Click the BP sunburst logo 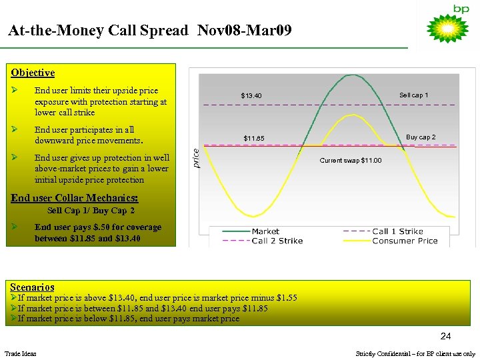pos(447,29)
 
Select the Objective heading pos(33,73)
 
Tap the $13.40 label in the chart pos(251,96)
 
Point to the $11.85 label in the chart pos(253,139)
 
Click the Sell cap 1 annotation pos(413,95)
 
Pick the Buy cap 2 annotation pos(421,137)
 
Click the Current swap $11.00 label pos(351,161)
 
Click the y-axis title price pos(196,157)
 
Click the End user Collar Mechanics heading pos(75,198)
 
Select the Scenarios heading pos(32,287)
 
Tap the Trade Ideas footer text pos(21,353)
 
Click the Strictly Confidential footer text pos(415,353)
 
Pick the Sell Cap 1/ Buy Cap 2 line pos(91,211)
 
